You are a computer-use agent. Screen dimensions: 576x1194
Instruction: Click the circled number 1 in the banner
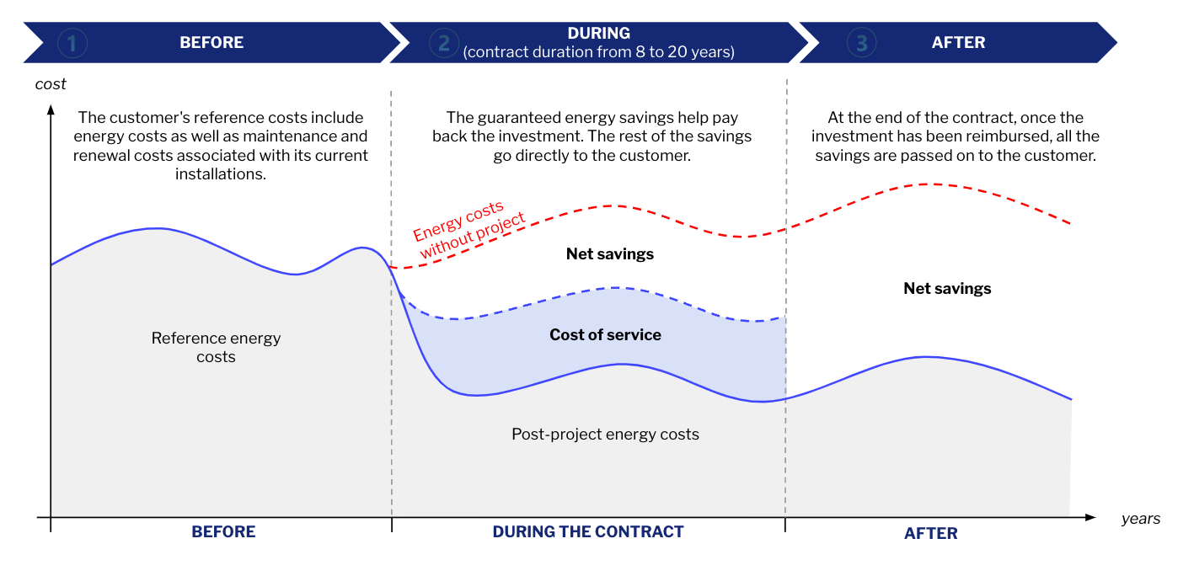coord(72,43)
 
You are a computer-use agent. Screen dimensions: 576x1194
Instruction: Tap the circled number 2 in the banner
coord(443,43)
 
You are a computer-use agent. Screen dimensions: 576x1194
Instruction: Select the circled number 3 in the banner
coord(860,43)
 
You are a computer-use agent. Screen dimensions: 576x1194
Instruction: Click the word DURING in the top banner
coord(598,34)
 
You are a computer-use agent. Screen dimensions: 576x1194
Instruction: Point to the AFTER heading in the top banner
coord(958,43)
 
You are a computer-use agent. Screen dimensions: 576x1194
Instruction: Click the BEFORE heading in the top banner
coord(211,43)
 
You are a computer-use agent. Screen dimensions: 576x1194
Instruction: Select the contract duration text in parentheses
coord(598,52)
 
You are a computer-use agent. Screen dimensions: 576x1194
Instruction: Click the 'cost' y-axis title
coord(51,84)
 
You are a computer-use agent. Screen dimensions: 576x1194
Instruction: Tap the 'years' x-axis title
coord(1140,519)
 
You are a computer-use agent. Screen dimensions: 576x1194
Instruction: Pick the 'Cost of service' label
coord(605,335)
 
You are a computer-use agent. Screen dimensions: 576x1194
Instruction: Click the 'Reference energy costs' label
coord(216,348)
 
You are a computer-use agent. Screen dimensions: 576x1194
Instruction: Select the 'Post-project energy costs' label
coord(605,435)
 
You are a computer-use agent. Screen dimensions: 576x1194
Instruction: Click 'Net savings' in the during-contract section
coord(609,254)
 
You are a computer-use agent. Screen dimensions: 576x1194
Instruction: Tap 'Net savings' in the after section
coord(947,289)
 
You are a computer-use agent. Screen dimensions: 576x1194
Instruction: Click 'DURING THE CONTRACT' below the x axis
coord(587,532)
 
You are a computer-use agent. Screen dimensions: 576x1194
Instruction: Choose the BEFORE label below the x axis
coord(223,532)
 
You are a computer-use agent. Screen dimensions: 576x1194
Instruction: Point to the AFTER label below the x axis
coord(930,533)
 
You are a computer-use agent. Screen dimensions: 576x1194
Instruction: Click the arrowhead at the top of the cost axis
coord(51,109)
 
